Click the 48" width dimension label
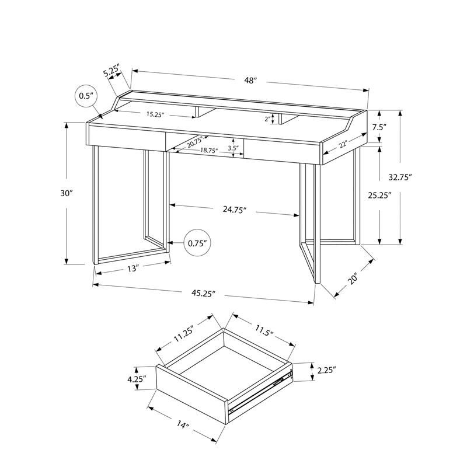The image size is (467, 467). tap(252, 81)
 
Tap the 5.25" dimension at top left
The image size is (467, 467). tap(111, 72)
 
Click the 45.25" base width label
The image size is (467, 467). tap(203, 293)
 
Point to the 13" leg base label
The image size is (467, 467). tap(132, 269)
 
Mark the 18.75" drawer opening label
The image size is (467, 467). tap(208, 150)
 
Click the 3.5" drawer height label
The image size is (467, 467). tap(232, 148)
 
